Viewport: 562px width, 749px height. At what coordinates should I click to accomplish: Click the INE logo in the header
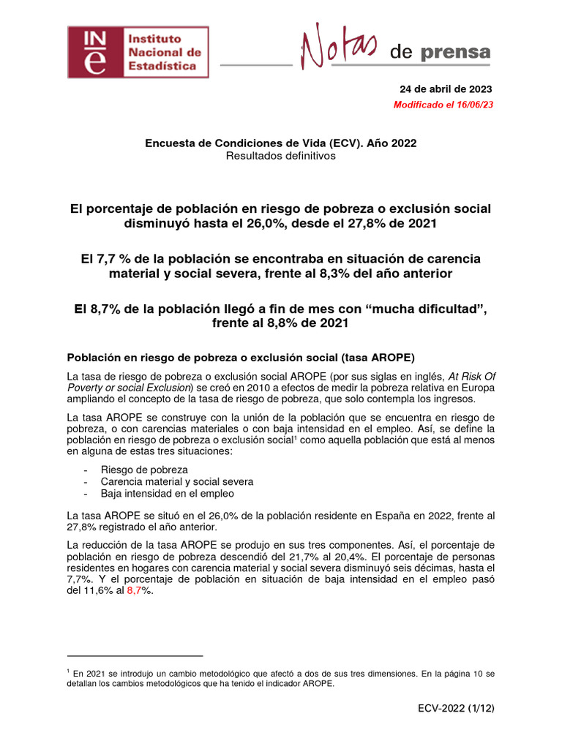click(x=138, y=52)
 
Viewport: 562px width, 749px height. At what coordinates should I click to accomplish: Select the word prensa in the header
click(x=456, y=52)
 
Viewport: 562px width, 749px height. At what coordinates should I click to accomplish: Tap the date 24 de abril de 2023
click(x=446, y=89)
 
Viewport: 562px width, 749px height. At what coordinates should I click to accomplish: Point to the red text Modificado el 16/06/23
click(x=443, y=105)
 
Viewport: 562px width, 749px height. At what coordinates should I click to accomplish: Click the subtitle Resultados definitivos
click(x=280, y=156)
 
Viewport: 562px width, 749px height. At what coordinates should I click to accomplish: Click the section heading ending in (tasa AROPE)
click(x=241, y=358)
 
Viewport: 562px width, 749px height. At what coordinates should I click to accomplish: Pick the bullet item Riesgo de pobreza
click(x=145, y=469)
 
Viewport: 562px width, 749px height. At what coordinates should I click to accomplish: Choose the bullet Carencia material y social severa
click(x=178, y=481)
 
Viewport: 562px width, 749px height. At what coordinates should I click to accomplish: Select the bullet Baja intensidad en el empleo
click(x=168, y=493)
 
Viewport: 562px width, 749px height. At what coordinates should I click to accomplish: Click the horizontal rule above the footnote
click(x=135, y=656)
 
